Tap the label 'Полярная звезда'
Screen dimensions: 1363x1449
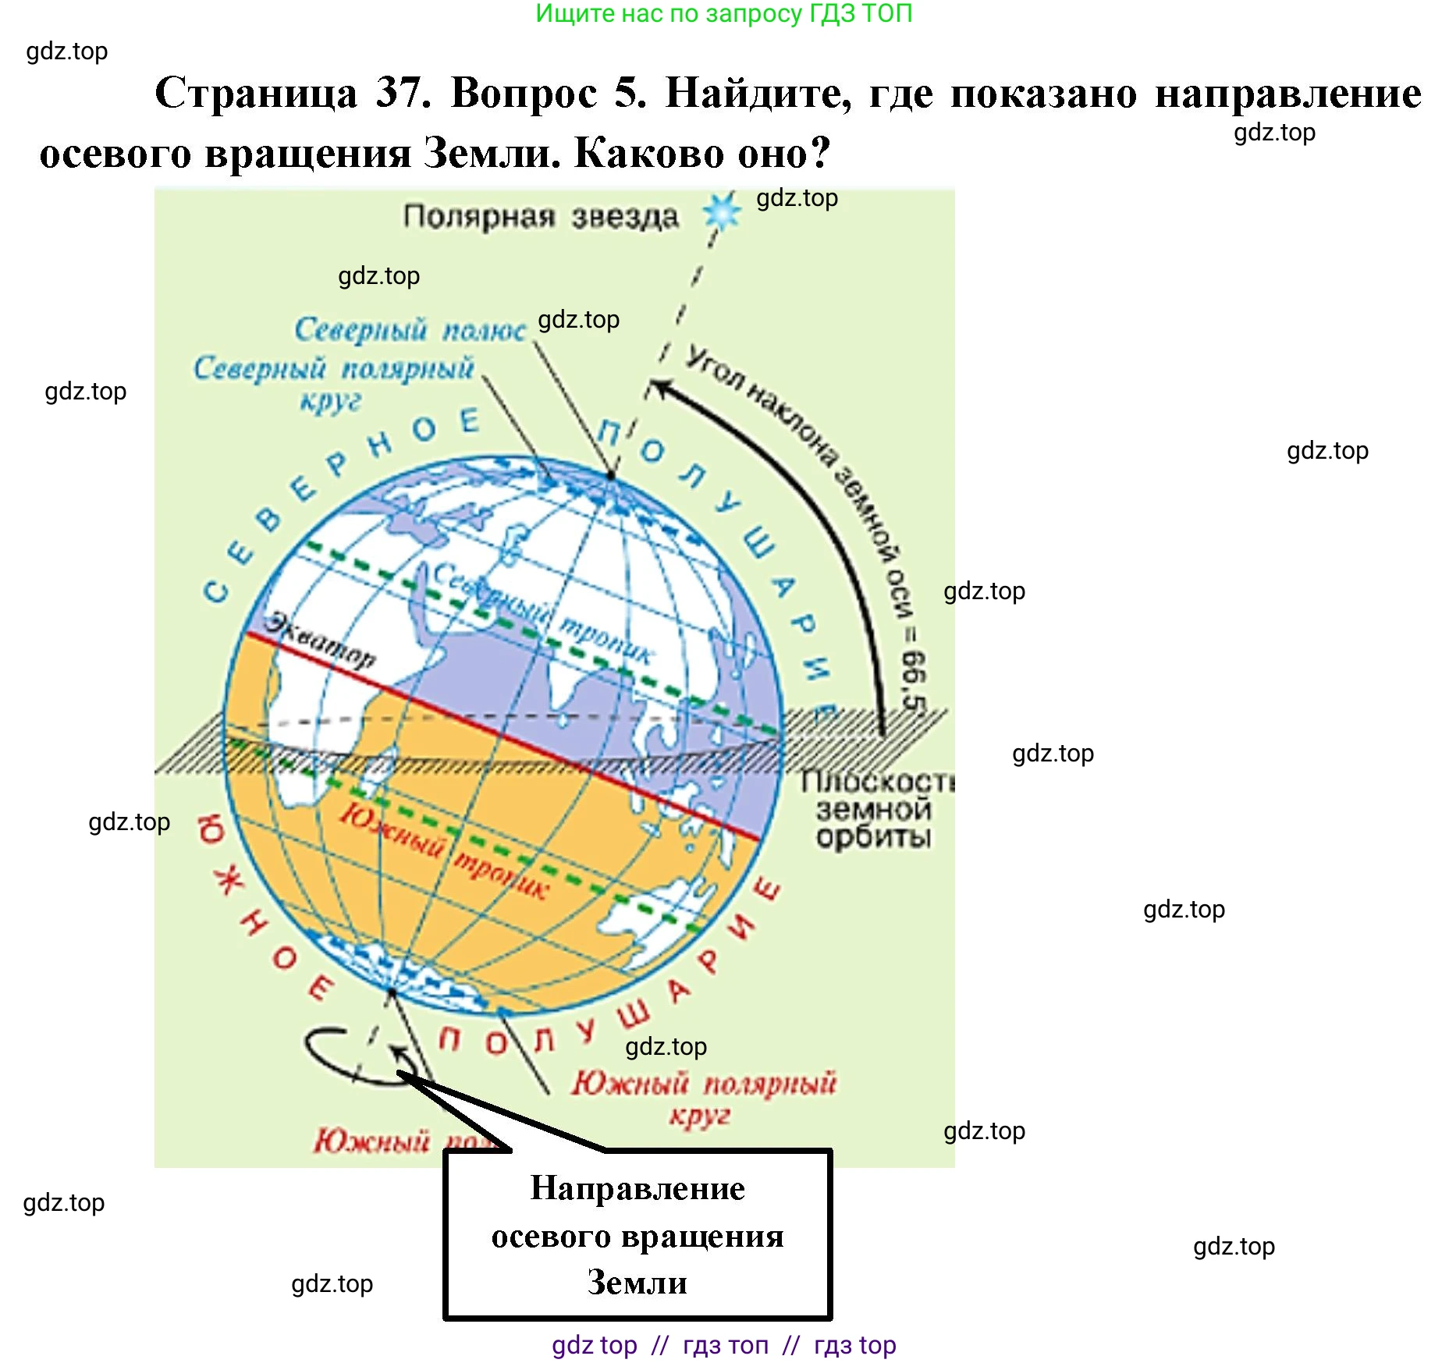click(x=541, y=217)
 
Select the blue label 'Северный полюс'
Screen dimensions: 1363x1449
click(x=410, y=330)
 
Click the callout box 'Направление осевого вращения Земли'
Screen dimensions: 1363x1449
click(x=637, y=1234)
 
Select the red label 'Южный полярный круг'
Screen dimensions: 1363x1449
click(x=703, y=1095)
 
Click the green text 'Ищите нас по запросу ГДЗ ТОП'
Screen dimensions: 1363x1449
click(x=723, y=13)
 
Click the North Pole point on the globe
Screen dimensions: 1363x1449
click(x=611, y=475)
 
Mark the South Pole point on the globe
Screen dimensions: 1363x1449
click(x=392, y=992)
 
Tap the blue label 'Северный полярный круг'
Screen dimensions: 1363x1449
click(x=333, y=382)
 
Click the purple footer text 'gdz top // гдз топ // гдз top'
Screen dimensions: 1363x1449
click(x=723, y=1345)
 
